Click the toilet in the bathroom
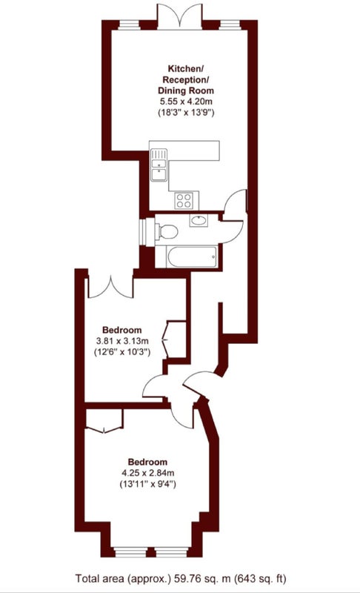tap(167, 231)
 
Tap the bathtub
tap(193, 256)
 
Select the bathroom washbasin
tap(199, 220)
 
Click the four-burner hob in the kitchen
tap(184, 200)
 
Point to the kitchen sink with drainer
tap(159, 165)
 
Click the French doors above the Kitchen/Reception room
tap(180, 16)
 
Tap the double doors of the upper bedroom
tap(110, 288)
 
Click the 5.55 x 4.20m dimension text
tap(186, 102)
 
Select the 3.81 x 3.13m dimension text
tap(122, 341)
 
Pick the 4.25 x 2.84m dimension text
tap(147, 473)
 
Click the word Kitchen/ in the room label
tap(186, 69)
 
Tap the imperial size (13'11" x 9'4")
tap(147, 484)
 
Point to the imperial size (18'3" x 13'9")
tap(186, 113)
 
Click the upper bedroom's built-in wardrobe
tap(176, 339)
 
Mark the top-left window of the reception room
tap(129, 25)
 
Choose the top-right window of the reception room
tap(230, 25)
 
